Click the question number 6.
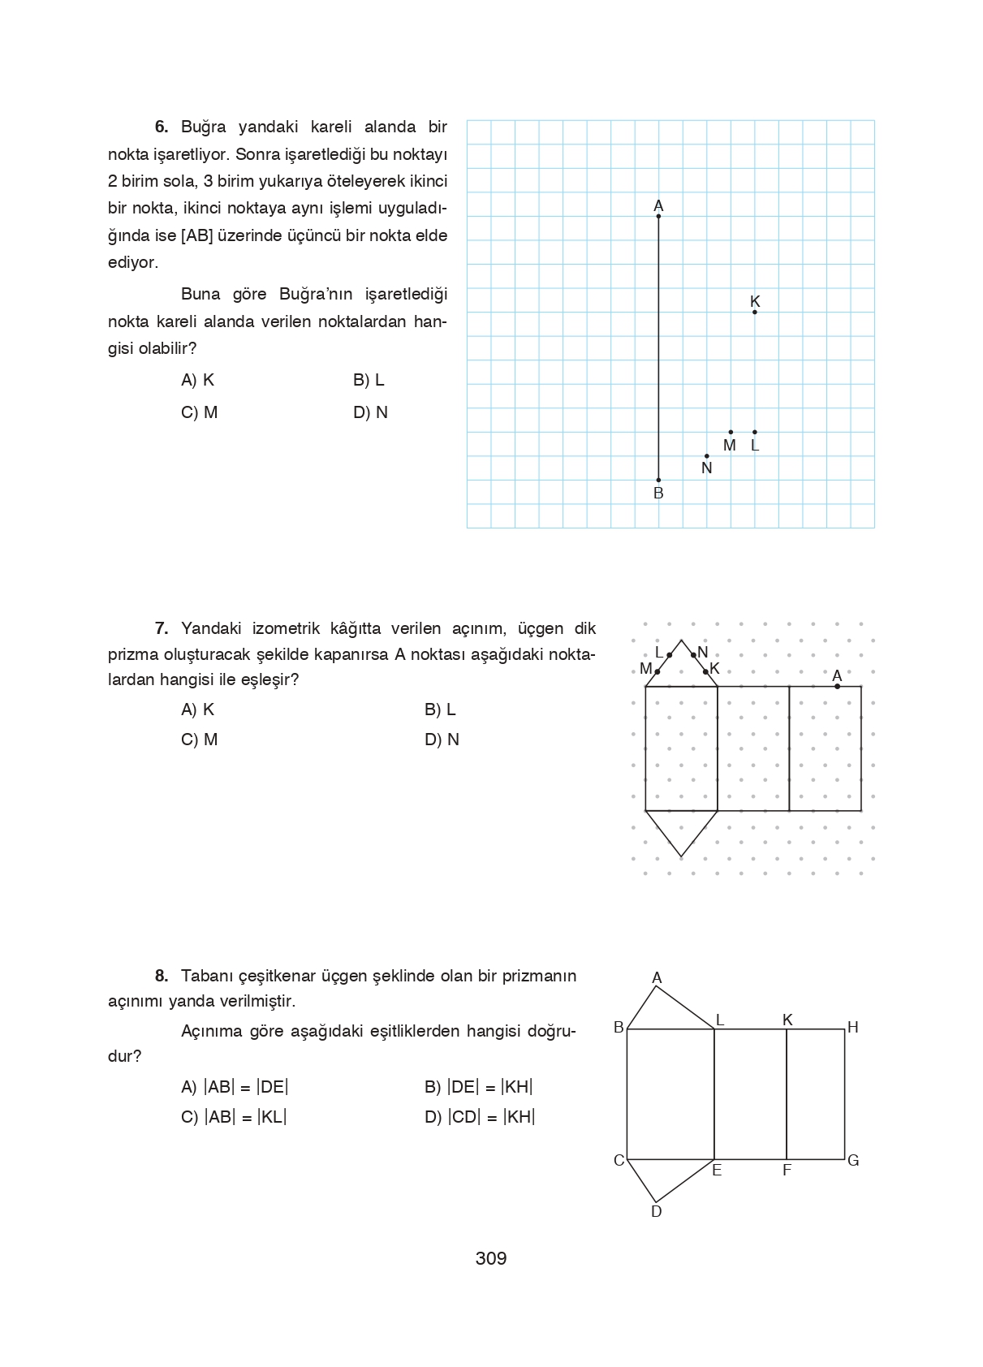pos(162,127)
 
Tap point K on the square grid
pos(755,312)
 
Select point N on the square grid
pos(706,456)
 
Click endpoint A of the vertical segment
pos(658,216)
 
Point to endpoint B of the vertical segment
pos(658,480)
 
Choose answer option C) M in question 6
pos(200,412)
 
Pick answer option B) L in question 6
pos(369,380)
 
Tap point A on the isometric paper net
pos(838,686)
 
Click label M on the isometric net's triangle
pos(646,670)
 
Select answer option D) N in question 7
pos(442,740)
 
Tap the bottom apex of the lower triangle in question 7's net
pos(681,856)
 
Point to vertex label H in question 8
pos(852,1028)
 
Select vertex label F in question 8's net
pos(787,1171)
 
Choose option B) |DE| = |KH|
pos(478,1087)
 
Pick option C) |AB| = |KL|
pos(234,1117)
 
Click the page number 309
pos(491,1258)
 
